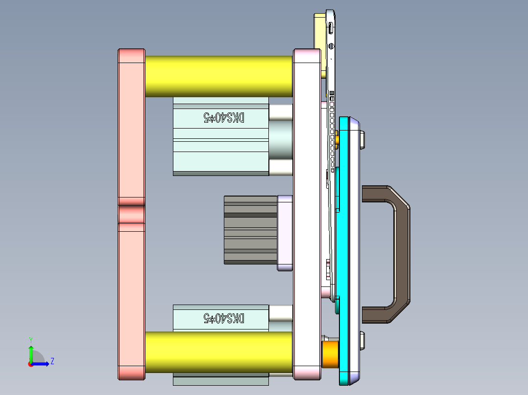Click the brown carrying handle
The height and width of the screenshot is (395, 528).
click(x=402, y=254)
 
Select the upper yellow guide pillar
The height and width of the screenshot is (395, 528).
click(x=218, y=76)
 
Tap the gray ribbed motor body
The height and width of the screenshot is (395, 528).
click(x=250, y=230)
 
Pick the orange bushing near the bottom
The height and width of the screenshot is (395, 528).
click(x=330, y=354)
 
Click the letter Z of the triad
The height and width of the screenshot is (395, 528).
click(x=52, y=361)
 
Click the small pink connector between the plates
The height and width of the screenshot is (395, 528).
click(x=131, y=214)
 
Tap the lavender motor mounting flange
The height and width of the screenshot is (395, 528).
click(x=285, y=233)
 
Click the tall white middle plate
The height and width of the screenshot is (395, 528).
click(x=307, y=215)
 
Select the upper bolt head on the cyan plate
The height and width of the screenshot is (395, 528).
click(x=362, y=140)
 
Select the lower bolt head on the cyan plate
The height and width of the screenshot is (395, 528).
click(x=362, y=340)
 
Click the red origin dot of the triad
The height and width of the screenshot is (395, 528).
click(x=30, y=364)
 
